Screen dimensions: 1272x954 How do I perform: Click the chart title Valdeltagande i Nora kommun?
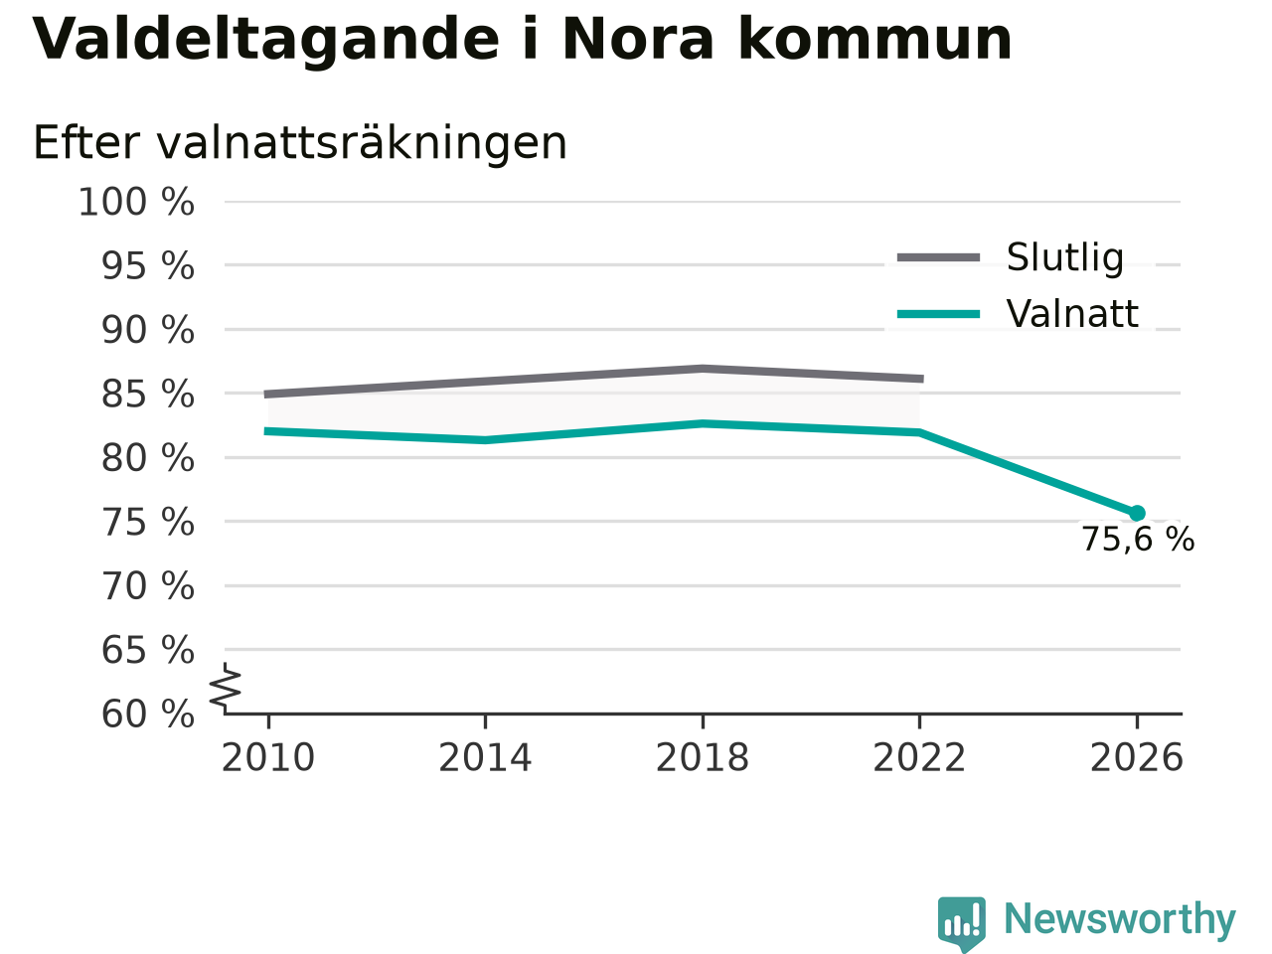522,40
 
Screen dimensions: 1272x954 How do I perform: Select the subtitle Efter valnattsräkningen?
299,142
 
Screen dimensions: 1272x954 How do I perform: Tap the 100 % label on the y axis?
136,203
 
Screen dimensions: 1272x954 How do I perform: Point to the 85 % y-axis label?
148,395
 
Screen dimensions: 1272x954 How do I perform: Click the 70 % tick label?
148,586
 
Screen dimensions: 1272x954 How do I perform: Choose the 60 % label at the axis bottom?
148,714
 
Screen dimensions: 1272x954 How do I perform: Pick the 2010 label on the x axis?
267,757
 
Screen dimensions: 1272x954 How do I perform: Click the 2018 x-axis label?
703,757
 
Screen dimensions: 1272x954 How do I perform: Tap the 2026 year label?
1137,757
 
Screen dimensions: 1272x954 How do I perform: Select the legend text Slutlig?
1065,257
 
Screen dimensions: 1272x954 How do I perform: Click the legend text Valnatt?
1072,314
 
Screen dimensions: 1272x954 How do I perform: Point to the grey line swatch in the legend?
939,257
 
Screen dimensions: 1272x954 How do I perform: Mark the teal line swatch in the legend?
939,315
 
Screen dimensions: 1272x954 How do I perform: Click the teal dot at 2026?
1137,513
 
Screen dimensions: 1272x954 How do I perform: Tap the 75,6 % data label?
1138,540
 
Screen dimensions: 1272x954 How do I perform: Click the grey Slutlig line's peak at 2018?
703,369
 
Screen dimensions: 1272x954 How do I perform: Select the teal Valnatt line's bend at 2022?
919,432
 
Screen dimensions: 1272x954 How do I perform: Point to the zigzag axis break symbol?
225,688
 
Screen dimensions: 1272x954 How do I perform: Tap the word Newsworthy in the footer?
1120,919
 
